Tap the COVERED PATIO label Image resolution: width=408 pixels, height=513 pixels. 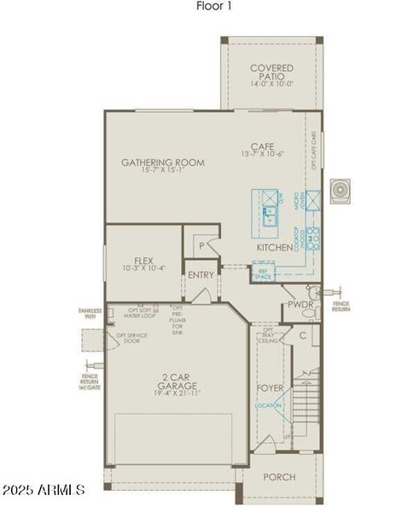271,68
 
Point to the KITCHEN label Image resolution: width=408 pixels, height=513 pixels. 275,247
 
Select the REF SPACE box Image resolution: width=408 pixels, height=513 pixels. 263,274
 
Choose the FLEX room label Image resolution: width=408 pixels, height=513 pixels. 143,261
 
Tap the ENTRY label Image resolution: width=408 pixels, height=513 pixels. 201,274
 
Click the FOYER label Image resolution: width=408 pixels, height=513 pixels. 271,388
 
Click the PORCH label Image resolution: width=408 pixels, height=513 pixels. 279,477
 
